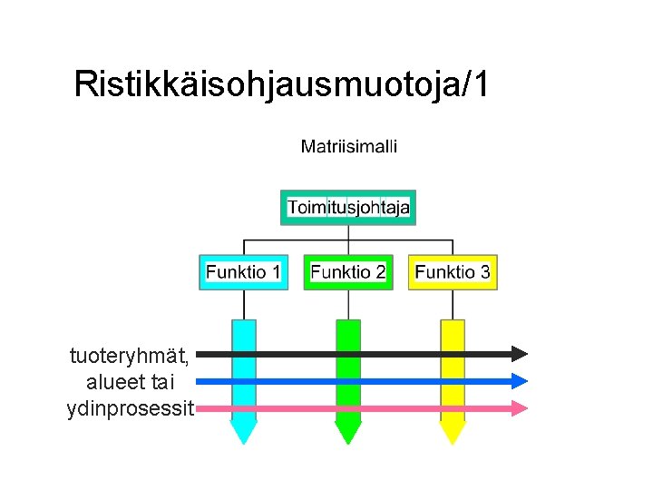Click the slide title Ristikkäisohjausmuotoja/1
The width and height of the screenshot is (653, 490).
tap(281, 83)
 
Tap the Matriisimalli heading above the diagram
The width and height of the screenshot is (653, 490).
tap(348, 146)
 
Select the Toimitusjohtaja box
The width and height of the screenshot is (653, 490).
tap(348, 208)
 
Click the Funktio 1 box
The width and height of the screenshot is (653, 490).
tap(243, 271)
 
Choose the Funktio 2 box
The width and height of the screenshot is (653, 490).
tap(347, 271)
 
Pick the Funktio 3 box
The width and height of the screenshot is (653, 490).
tap(453, 271)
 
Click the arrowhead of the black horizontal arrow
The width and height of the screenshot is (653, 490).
tap(519, 353)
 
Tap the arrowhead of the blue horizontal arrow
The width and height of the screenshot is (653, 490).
tap(519, 381)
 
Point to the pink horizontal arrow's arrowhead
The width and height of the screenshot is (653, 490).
tap(519, 408)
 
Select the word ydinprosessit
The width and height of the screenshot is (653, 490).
tap(130, 409)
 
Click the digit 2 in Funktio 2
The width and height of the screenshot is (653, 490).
tap(380, 271)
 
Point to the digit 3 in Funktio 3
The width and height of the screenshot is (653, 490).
tap(485, 271)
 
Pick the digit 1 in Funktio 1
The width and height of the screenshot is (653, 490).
tap(275, 271)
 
